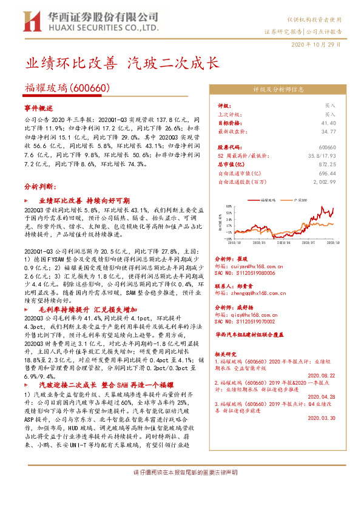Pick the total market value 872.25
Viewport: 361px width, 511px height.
pyautogui.click(x=327, y=164)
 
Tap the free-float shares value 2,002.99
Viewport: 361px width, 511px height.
pyautogui.click(x=324, y=181)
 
